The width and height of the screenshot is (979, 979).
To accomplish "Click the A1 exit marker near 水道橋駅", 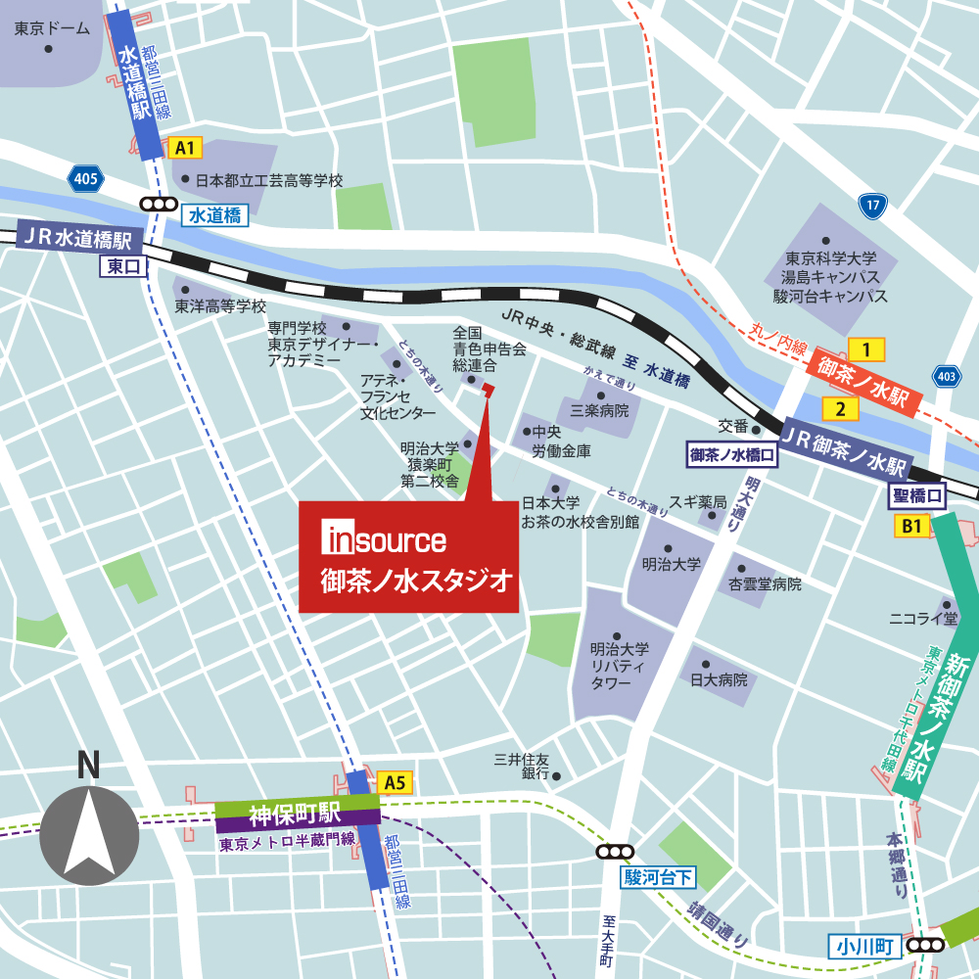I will click(x=185, y=149).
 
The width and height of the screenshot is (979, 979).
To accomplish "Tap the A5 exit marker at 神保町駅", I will click(x=395, y=782).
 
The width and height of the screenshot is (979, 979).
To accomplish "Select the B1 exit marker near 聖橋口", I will click(x=912, y=527).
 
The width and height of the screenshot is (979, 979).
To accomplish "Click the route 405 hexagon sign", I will click(x=85, y=178).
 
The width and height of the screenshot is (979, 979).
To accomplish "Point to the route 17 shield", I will click(x=872, y=205).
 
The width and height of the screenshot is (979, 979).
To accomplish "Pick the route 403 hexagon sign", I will click(x=946, y=376).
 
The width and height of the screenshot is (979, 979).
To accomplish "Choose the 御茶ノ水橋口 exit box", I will click(x=732, y=455).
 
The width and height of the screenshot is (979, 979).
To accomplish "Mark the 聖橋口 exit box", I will click(x=918, y=496).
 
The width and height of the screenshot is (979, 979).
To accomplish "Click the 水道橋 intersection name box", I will click(x=213, y=215).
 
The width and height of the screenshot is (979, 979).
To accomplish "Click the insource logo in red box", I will click(x=385, y=539).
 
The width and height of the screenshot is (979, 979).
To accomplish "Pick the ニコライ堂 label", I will click(x=922, y=618).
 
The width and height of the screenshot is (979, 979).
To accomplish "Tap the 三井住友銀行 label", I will click(x=522, y=767).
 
